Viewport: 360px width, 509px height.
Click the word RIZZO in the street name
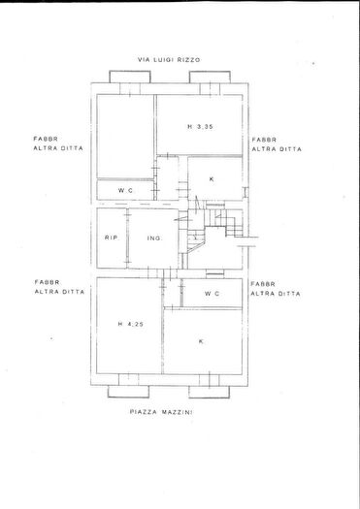189,60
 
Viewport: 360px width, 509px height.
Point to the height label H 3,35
200,127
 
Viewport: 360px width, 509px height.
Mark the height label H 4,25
131,324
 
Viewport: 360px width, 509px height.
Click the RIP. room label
112,238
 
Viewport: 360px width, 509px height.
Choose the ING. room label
154,238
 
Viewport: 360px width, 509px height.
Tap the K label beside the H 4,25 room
201,341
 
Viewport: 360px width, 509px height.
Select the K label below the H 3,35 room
212,178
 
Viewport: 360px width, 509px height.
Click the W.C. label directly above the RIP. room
125,190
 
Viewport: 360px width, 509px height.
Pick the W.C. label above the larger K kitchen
213,294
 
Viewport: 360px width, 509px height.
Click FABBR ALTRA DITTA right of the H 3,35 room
277,144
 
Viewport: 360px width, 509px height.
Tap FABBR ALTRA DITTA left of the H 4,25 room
59,287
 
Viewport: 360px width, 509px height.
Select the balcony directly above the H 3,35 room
210,77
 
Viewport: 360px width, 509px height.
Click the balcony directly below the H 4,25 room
128,392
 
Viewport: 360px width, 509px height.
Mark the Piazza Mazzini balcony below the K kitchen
210,392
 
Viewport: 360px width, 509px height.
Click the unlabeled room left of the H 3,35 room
125,137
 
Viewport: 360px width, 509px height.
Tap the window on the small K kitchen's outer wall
245,192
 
